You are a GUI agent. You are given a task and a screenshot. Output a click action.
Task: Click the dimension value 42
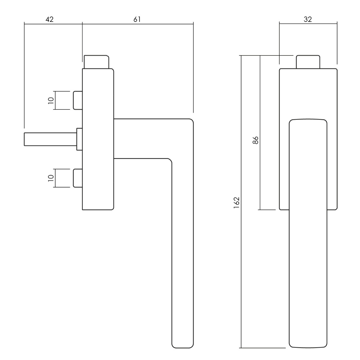point(49,19)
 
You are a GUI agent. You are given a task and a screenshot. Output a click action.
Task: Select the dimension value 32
point(308,19)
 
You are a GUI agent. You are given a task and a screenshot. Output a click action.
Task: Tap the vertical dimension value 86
point(256,140)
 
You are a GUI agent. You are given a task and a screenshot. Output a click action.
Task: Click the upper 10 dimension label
point(51,100)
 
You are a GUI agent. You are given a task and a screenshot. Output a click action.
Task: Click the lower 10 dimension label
point(51,178)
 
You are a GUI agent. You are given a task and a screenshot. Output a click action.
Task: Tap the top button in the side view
point(96,62)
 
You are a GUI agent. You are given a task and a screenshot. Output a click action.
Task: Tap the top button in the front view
point(308,62)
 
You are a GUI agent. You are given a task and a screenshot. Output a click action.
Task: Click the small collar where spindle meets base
point(79,139)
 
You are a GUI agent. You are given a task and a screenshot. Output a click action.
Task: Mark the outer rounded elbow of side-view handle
point(190,121)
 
